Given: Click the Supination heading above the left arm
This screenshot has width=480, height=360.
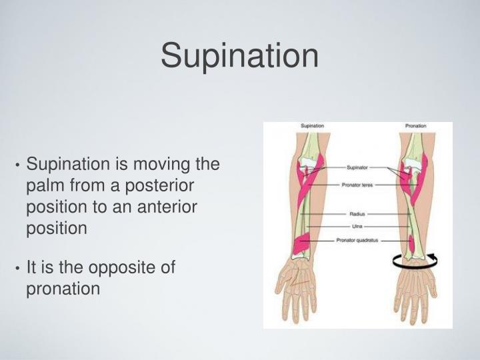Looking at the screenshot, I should (313, 126).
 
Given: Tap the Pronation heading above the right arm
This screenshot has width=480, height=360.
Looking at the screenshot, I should (415, 126).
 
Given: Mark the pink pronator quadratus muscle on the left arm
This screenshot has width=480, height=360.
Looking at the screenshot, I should (304, 246).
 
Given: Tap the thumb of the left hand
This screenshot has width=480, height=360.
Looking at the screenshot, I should (276, 280).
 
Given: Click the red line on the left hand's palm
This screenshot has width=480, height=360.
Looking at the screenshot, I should (297, 287).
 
